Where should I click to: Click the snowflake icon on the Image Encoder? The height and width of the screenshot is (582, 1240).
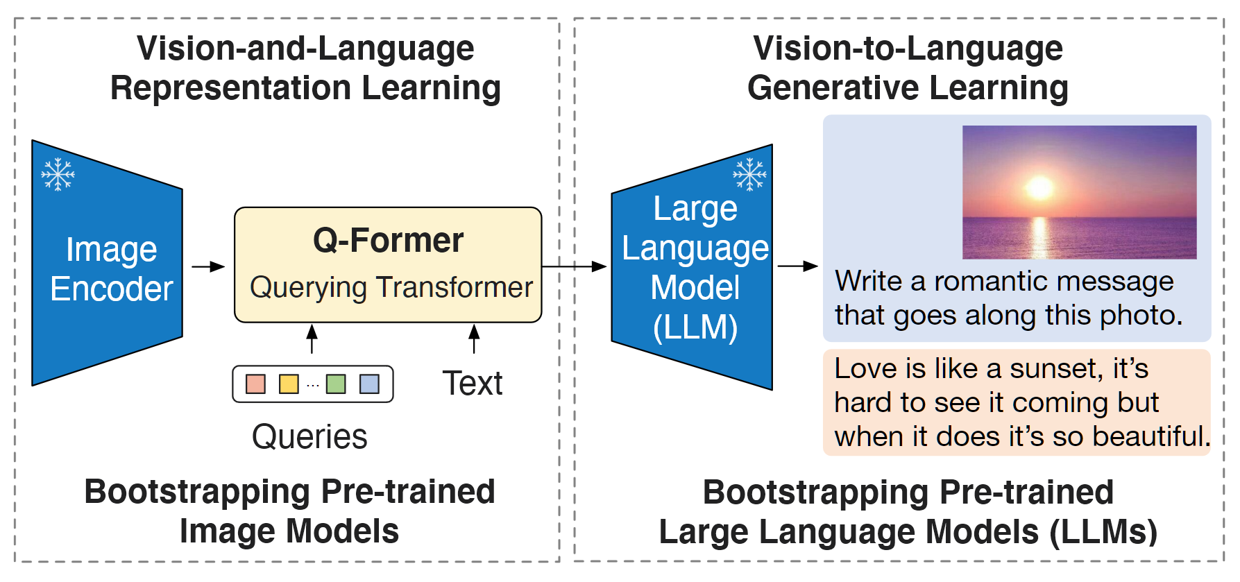tap(58, 174)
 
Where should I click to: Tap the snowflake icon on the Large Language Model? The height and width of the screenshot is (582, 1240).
tap(749, 174)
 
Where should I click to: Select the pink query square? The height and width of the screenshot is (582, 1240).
tap(255, 384)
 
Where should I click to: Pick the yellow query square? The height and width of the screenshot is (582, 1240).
tap(288, 384)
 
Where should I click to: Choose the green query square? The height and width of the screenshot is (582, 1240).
tap(336, 384)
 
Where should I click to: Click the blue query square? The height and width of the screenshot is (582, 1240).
tap(369, 384)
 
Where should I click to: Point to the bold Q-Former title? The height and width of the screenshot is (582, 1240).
tap(388, 241)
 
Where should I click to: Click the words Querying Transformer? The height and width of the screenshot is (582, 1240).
tap(391, 287)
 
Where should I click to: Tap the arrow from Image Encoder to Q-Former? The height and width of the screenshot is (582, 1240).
tap(207, 266)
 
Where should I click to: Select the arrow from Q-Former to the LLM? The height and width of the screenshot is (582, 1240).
tap(574, 266)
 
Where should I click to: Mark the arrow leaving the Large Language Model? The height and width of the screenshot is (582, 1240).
tap(797, 266)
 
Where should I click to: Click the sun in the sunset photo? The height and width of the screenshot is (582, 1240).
tap(1039, 187)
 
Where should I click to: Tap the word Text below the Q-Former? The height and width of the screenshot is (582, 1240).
tap(473, 384)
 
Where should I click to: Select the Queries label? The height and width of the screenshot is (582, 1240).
tap(309, 437)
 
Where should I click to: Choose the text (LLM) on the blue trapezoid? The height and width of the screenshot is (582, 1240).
tap(695, 327)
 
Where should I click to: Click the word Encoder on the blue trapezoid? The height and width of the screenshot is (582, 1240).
tap(111, 289)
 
